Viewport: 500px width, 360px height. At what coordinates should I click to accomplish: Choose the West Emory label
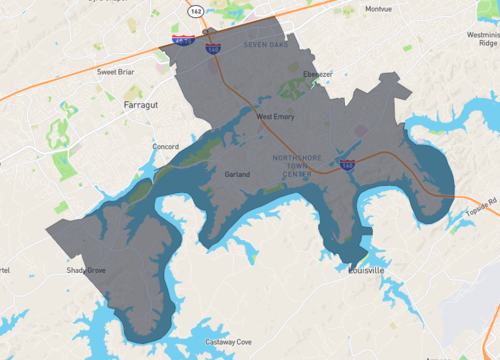[x=276, y=117]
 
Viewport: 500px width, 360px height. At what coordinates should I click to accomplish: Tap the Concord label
[x=165, y=147]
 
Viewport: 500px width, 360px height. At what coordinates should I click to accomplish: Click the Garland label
[x=238, y=174]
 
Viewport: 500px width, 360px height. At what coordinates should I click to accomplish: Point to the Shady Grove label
[x=86, y=270]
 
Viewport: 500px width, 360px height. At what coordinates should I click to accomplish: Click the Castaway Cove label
[x=228, y=342]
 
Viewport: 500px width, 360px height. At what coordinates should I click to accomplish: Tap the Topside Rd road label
[x=481, y=207]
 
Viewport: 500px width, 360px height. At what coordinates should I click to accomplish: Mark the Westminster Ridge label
[x=481, y=33]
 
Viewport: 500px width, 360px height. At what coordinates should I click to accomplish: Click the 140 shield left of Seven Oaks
[x=213, y=47]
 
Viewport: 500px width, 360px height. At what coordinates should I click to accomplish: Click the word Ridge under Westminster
[x=486, y=43]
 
